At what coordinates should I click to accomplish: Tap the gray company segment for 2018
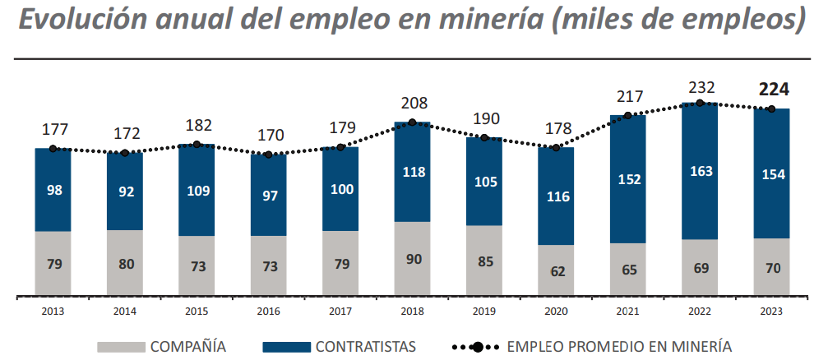pyautogui.click(x=412, y=257)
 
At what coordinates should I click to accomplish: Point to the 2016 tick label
pyautogui.click(x=268, y=312)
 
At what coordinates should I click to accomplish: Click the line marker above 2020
pyautogui.click(x=556, y=148)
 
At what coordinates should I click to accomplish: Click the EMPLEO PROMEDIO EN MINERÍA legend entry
pyautogui.click(x=591, y=346)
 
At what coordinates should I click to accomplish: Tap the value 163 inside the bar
pyautogui.click(x=700, y=172)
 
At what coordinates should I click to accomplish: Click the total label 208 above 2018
pyautogui.click(x=412, y=104)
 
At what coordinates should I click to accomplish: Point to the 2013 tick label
pyautogui.click(x=52, y=312)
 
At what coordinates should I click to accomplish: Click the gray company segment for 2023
pyautogui.click(x=772, y=265)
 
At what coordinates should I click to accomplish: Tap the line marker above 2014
pyautogui.click(x=124, y=153)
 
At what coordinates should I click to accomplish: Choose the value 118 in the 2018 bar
pyautogui.click(x=412, y=172)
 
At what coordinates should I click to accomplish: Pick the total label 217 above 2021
pyautogui.click(x=628, y=96)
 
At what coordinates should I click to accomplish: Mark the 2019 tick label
pyautogui.click(x=484, y=312)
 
